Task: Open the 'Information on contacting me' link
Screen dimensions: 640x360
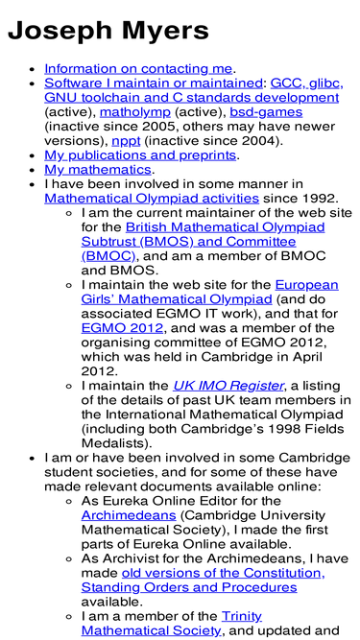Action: (138, 68)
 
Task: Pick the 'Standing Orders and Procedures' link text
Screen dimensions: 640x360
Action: (188, 587)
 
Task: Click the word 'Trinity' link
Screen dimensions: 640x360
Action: (241, 616)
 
